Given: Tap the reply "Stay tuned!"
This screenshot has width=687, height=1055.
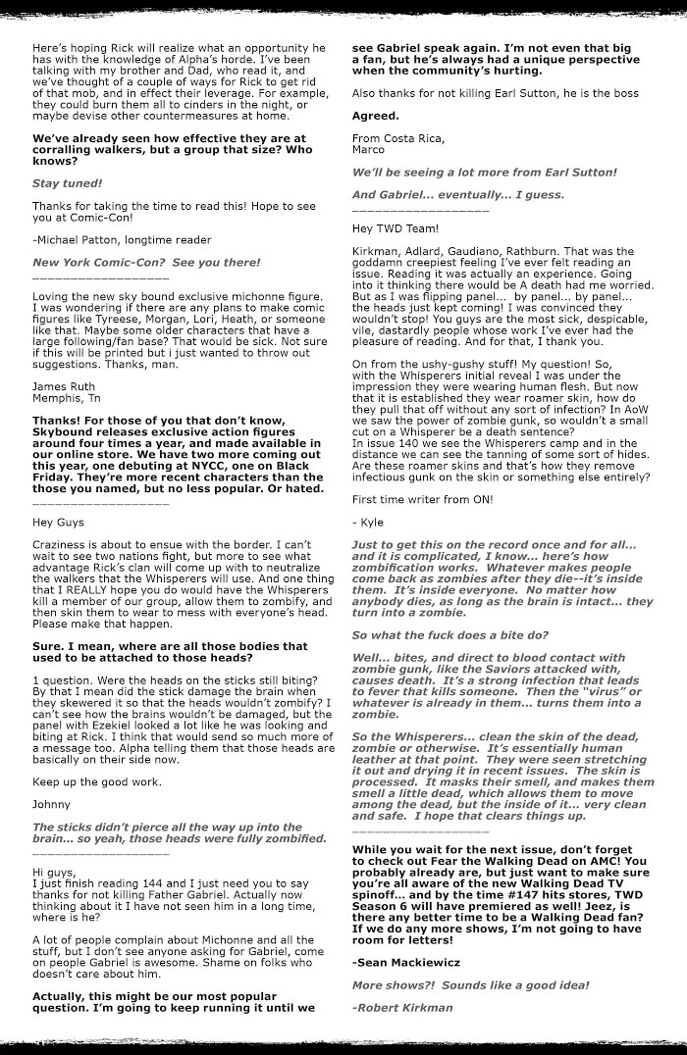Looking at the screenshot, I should pos(67,182).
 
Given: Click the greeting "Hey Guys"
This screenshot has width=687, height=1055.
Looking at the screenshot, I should pos(58,523).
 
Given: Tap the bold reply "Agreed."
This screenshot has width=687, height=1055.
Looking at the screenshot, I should pos(375,115).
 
